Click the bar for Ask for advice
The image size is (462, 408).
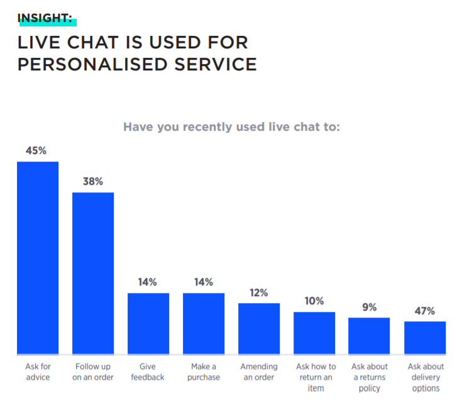38,258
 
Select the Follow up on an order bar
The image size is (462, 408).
93,273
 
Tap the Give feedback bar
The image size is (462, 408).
148,323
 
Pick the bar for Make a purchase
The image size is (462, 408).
204,323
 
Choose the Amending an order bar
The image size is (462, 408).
259,328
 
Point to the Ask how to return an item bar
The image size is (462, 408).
314,333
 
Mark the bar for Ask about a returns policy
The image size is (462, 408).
370,336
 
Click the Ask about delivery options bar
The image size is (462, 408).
425,338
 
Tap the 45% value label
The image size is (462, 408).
37,151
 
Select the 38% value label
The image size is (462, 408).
93,182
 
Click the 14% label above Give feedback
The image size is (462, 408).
148,282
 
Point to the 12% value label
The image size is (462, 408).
258,293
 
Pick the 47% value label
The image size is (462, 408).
425,311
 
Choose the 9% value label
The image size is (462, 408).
370,307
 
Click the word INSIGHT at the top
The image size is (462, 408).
45,18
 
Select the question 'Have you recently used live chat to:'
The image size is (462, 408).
231,127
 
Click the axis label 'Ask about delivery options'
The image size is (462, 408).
425,377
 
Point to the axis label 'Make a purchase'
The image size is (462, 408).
204,372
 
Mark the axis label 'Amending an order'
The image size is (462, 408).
259,372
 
